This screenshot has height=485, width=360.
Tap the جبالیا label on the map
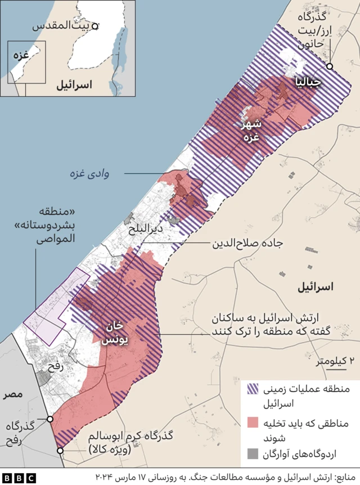point(309,83)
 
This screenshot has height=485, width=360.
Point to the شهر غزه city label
point(251,131)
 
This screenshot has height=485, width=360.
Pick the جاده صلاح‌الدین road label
point(247,245)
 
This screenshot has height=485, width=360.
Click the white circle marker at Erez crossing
point(330,66)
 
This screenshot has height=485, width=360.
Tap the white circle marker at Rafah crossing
point(50,419)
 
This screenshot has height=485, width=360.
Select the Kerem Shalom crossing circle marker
point(60,450)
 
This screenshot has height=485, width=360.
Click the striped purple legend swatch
point(253,389)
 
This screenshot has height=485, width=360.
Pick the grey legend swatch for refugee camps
point(253,452)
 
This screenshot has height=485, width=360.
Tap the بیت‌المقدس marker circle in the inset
point(96,26)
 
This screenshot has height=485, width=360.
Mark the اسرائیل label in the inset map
point(74,86)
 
